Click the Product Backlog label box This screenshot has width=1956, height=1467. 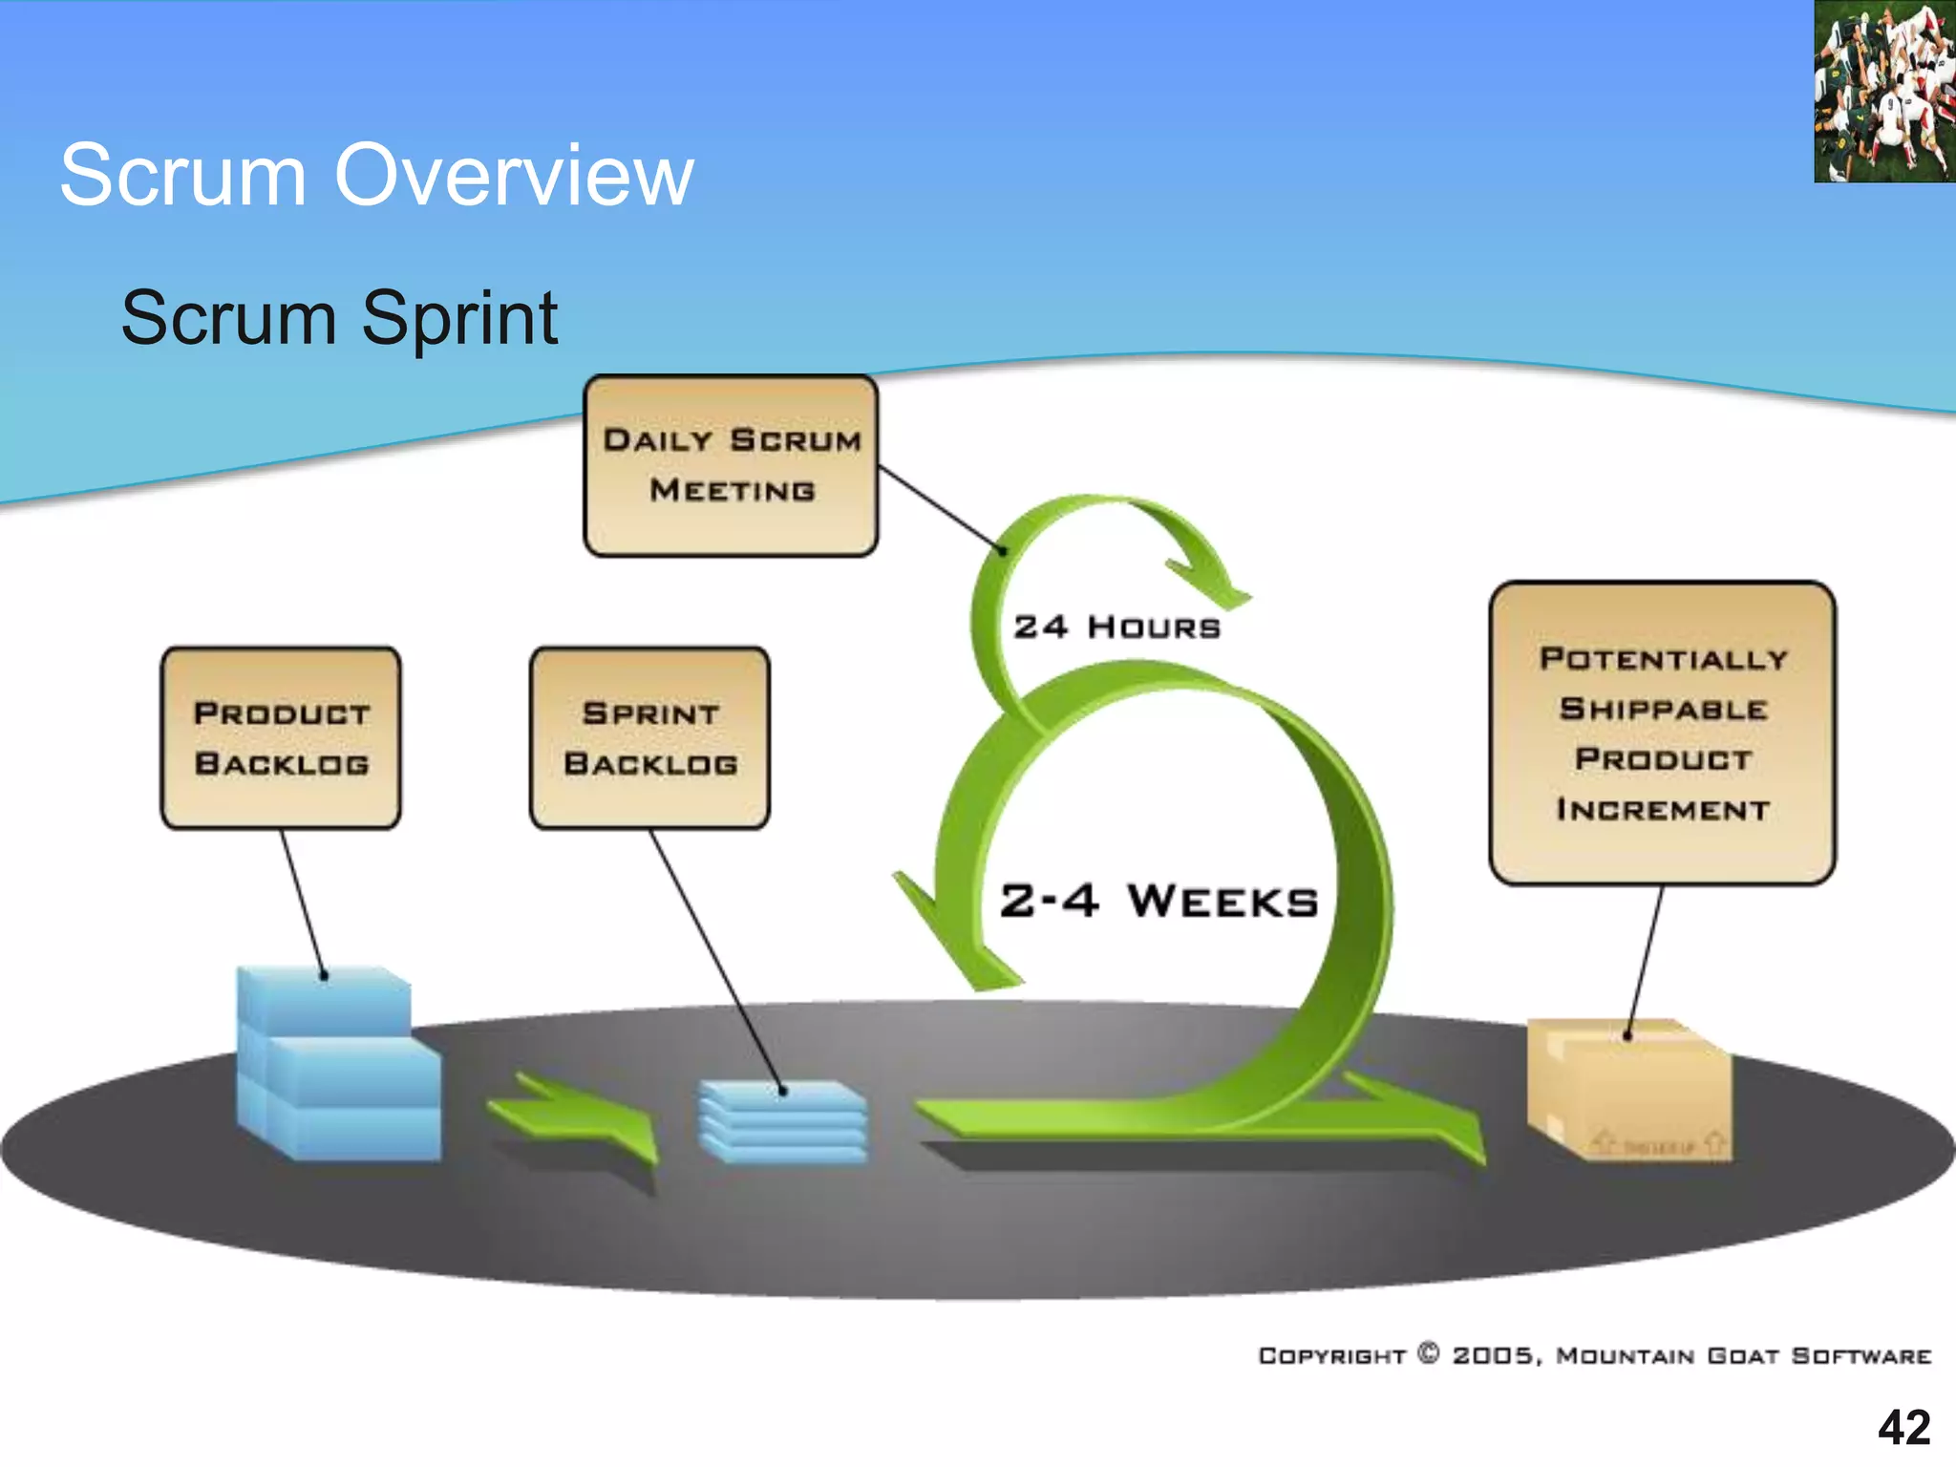[x=281, y=737]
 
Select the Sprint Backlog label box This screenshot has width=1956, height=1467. [x=649, y=737]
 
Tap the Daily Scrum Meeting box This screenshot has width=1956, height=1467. [x=731, y=465]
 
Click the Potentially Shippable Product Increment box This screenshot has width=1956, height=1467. [x=1662, y=733]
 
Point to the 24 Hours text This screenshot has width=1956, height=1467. [x=1116, y=627]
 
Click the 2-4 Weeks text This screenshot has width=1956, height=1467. [x=1159, y=901]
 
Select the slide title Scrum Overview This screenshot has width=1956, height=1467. [x=376, y=174]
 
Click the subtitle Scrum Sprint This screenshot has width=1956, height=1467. [x=339, y=318]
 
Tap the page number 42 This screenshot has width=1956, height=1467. [x=1903, y=1428]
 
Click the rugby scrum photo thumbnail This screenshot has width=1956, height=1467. [x=1883, y=92]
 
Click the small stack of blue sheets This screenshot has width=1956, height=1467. [x=783, y=1122]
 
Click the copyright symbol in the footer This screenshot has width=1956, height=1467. [x=1428, y=1353]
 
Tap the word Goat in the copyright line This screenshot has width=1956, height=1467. [x=1743, y=1356]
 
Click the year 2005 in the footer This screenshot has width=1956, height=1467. [x=1493, y=1356]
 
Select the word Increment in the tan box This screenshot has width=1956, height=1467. [x=1662, y=810]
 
